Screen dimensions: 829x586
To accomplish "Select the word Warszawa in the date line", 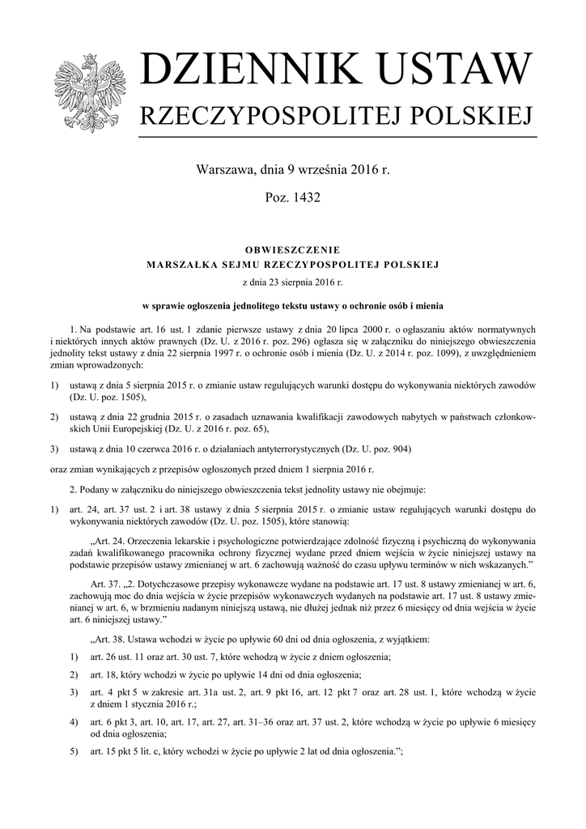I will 224,171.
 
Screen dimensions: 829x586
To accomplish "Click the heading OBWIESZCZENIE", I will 292,249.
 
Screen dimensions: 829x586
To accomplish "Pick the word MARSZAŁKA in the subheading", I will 177,265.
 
